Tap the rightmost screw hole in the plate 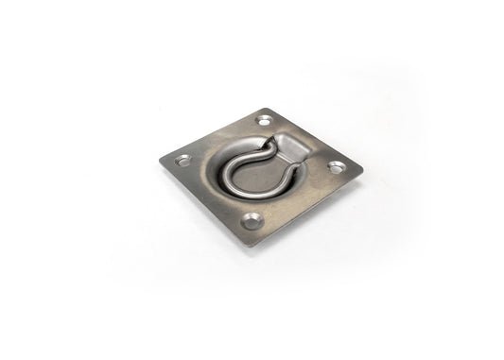[336, 167]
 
